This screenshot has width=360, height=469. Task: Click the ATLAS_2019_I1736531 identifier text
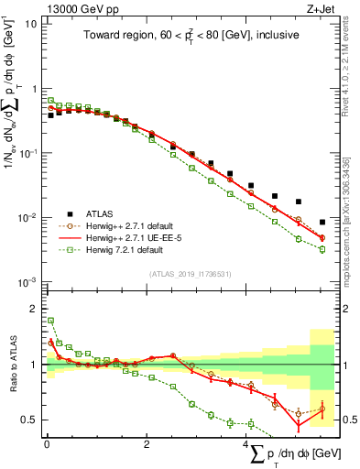(x=188, y=274)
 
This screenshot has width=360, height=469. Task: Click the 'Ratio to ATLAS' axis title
(x=10, y=366)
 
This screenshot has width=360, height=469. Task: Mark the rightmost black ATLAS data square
(x=322, y=222)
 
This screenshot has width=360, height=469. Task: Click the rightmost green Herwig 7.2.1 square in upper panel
(x=322, y=249)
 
